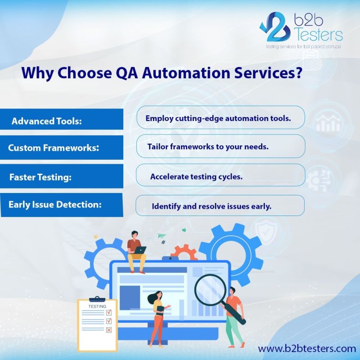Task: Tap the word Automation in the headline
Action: [x=186, y=72]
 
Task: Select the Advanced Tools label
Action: [x=47, y=121]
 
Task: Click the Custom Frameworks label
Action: [x=54, y=148]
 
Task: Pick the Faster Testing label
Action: [x=40, y=177]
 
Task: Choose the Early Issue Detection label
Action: [x=55, y=204]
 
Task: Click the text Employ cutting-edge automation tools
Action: [x=218, y=118]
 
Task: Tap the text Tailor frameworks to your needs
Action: [x=208, y=147]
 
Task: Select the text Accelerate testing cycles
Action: [x=196, y=176]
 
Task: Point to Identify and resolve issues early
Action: [x=211, y=206]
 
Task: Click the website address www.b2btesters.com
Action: [x=307, y=348]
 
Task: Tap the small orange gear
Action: [x=184, y=252]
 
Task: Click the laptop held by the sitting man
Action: [x=139, y=250]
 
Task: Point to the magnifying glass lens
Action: [x=210, y=290]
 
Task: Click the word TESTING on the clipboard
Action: [x=97, y=306]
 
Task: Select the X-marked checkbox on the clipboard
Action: [x=109, y=330]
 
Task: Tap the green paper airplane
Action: [x=162, y=235]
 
